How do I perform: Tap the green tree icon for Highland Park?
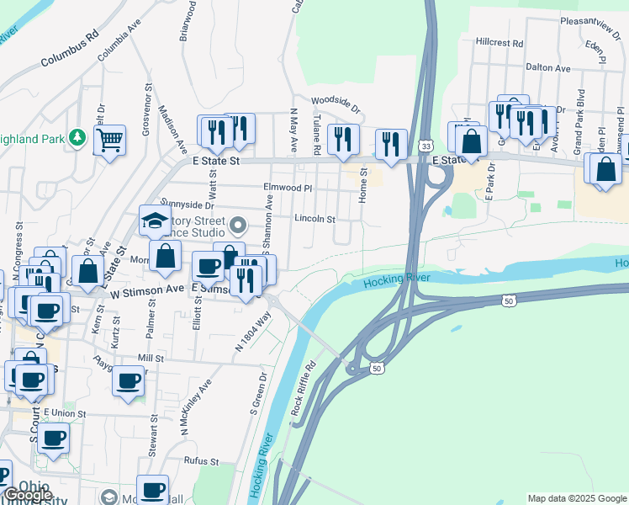pos(77,136)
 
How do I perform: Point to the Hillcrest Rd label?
pos(499,42)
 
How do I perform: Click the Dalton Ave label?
pos(547,68)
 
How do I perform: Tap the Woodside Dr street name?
pos(336,104)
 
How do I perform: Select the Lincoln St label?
pos(315,219)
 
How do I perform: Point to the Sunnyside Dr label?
pos(188,205)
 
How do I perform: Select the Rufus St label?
pos(202,461)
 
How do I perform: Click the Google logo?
pos(28,495)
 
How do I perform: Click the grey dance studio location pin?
pos(238,225)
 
